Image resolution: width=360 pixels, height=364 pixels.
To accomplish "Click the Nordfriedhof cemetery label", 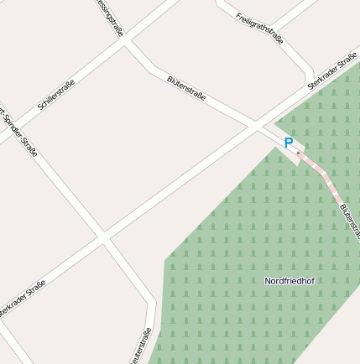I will [289, 280].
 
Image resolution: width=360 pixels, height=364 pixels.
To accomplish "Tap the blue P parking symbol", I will [289, 143].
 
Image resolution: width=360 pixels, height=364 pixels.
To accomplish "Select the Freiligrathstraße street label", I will [259, 29].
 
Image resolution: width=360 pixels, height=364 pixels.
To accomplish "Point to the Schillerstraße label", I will [56, 96].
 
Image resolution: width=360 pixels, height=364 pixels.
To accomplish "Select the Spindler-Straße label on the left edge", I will [18, 126].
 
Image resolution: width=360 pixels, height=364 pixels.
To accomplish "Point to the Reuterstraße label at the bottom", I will [141, 347].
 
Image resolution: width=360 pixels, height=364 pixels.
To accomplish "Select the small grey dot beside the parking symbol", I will [298, 153].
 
